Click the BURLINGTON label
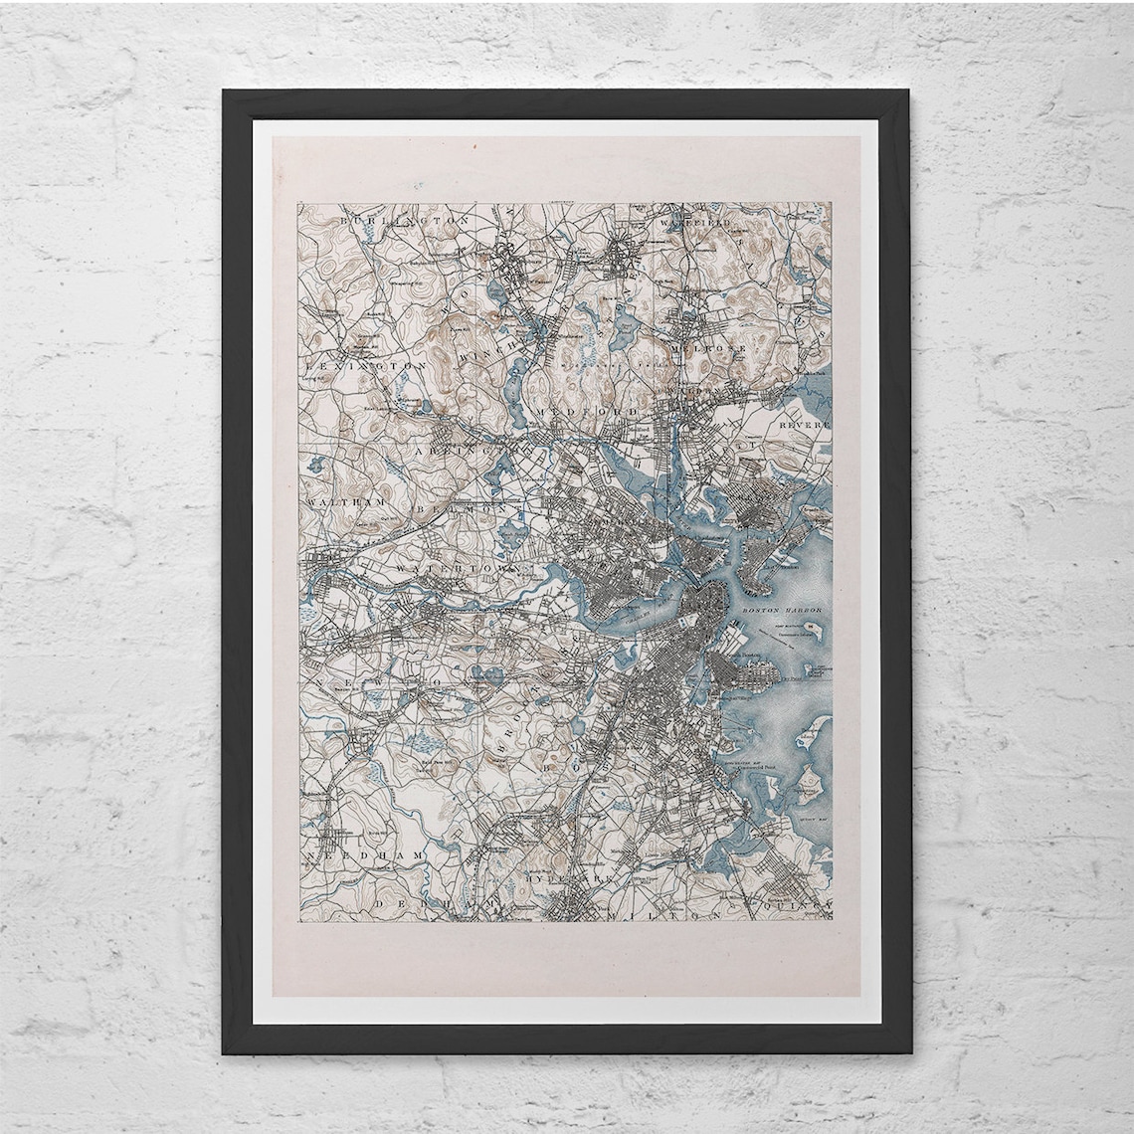(x=390, y=220)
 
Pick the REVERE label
(x=804, y=424)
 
